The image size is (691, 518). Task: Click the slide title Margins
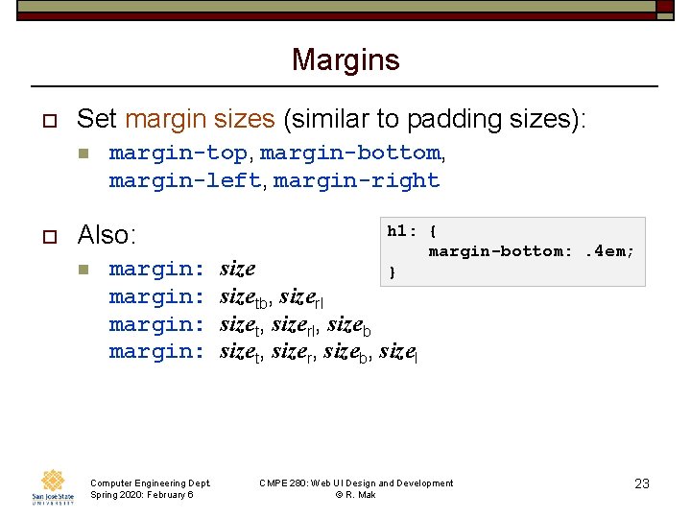coord(345,60)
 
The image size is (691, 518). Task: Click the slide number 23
coord(642,483)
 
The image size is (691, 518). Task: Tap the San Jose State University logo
coord(54,486)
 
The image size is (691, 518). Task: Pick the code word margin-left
coord(184,180)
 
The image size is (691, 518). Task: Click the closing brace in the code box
coord(391,272)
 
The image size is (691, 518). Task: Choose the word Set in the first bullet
coord(97,119)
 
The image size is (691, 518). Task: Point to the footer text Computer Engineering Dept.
coord(150,483)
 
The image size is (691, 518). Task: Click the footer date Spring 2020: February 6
coord(141,494)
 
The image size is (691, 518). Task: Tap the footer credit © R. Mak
coord(355,494)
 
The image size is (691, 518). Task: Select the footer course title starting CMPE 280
coord(356,483)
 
